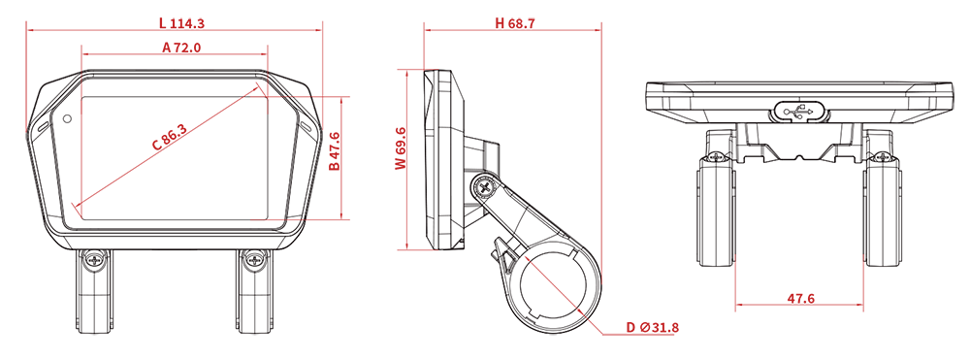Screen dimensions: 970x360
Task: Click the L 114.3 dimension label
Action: (182, 23)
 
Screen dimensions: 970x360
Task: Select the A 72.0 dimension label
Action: (181, 48)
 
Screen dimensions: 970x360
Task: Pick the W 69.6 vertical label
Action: (401, 147)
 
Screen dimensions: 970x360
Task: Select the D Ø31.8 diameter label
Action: (652, 327)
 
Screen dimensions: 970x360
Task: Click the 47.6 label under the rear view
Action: (800, 298)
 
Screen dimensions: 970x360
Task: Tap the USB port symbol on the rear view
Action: (799, 112)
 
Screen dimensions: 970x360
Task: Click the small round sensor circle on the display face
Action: (66, 117)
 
